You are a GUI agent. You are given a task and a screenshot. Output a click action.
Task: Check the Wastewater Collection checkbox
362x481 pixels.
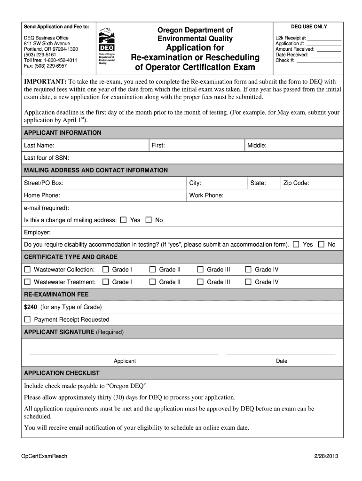27,270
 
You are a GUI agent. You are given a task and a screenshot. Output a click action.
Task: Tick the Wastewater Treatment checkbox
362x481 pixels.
27,282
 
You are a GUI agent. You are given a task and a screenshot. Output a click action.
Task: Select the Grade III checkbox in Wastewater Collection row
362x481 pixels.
200,270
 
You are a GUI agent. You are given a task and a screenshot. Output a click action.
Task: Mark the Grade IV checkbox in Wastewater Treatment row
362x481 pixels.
248,282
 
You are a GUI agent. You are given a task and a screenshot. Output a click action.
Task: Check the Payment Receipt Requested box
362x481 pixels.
27,319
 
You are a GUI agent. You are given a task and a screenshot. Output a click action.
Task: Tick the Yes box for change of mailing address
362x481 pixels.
124,220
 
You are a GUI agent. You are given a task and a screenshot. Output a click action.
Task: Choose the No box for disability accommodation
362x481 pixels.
322,244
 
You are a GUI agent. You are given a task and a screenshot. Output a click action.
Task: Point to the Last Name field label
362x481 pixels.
39,146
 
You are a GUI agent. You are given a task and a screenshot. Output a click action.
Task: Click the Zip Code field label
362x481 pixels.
296,183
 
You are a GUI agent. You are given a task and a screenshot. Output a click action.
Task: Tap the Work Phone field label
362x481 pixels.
206,195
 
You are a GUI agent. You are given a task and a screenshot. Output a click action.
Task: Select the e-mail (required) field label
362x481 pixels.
47,208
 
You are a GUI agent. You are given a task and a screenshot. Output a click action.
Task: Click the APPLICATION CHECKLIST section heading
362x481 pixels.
62,373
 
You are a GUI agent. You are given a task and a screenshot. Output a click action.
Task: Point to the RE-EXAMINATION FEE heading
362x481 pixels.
56,295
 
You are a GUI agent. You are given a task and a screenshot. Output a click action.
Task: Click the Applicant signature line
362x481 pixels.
124,354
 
